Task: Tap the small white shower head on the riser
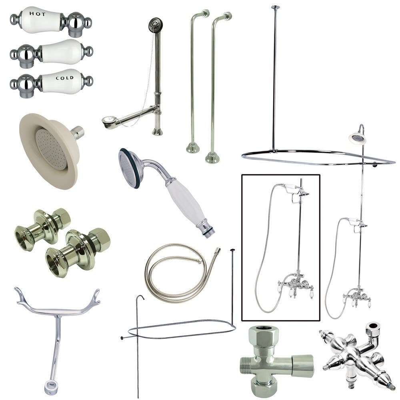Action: click(358, 138)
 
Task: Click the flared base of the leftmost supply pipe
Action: click(193, 148)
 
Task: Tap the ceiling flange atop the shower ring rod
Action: click(275, 7)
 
